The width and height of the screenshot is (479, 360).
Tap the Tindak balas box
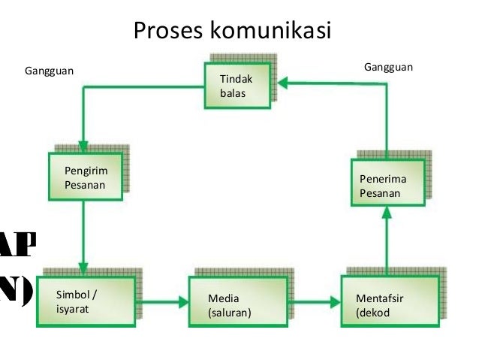pyautogui.click(x=238, y=86)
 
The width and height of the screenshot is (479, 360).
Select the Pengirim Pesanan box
pyautogui.click(x=85, y=177)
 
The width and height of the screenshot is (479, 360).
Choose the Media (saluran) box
pyautogui.click(x=236, y=302)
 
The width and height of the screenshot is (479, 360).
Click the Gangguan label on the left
pyautogui.click(x=50, y=71)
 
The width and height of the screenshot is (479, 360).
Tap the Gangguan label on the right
pyautogui.click(x=388, y=68)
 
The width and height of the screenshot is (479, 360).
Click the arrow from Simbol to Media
pyautogui.click(x=161, y=302)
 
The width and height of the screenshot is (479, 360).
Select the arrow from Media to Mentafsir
pyautogui.click(x=314, y=302)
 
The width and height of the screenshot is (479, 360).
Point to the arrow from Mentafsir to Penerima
pyautogui.click(x=387, y=241)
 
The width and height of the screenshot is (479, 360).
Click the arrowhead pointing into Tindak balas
pyautogui.click(x=277, y=85)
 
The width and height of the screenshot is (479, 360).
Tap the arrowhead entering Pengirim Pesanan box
pyautogui.click(x=83, y=145)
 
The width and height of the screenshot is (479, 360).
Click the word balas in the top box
pyautogui.click(x=233, y=94)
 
